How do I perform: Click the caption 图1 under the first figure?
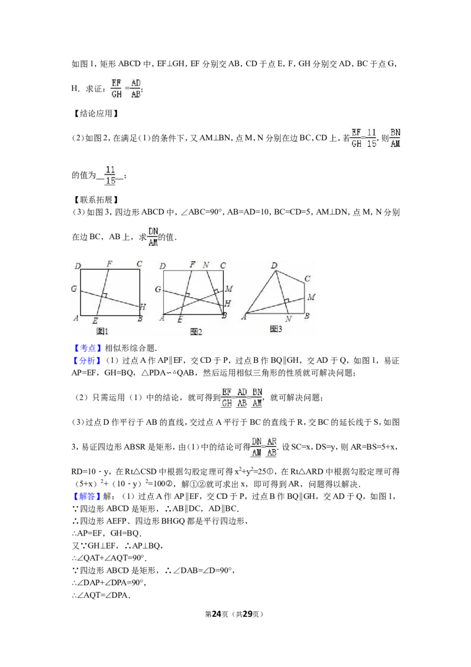tap(102, 331)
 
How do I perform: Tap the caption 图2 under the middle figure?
tap(196, 332)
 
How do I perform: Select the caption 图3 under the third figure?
tap(276, 329)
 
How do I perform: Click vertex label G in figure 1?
tap(74, 289)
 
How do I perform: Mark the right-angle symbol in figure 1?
tap(104, 294)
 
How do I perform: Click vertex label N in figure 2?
tap(205, 265)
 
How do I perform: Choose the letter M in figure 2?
tap(229, 289)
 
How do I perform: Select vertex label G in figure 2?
tap(158, 289)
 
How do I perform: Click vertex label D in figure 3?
tap(274, 266)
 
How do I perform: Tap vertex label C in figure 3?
tap(307, 279)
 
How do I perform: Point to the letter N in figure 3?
tap(288, 319)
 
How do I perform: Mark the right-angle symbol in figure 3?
tap(286, 301)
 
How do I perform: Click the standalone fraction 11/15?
tap(110, 174)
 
